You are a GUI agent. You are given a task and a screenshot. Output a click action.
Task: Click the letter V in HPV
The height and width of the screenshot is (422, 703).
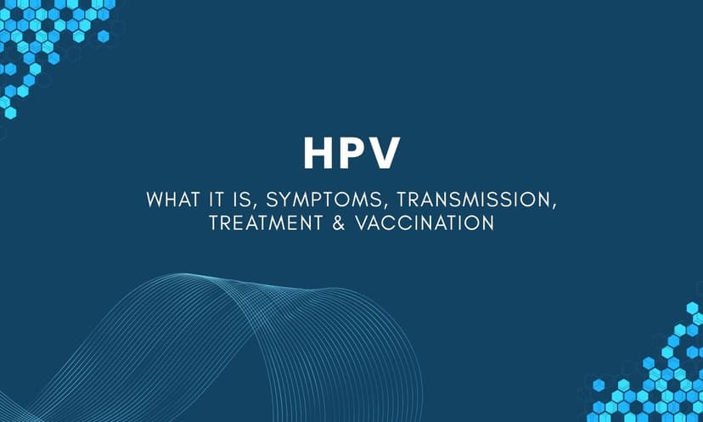[383, 153]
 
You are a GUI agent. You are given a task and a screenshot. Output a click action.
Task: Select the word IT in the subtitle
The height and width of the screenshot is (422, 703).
[217, 200]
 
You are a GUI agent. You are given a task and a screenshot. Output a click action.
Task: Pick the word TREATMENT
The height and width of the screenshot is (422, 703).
[266, 222]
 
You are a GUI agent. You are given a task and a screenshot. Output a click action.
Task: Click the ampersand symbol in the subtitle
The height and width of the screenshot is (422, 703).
[339, 222]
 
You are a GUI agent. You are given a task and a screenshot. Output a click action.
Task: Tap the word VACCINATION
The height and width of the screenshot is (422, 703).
[425, 222]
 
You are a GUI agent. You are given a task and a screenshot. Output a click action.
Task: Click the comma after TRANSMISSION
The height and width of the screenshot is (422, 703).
[554, 206]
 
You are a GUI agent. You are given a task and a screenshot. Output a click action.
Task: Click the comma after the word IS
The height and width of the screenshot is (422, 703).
[255, 206]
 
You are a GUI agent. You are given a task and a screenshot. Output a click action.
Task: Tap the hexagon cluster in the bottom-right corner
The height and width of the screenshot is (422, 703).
[650, 372]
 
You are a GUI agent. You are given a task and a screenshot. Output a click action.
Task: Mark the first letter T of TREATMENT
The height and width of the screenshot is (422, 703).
[215, 222]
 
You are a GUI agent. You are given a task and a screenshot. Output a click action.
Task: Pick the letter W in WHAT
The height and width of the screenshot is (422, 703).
[155, 200]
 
